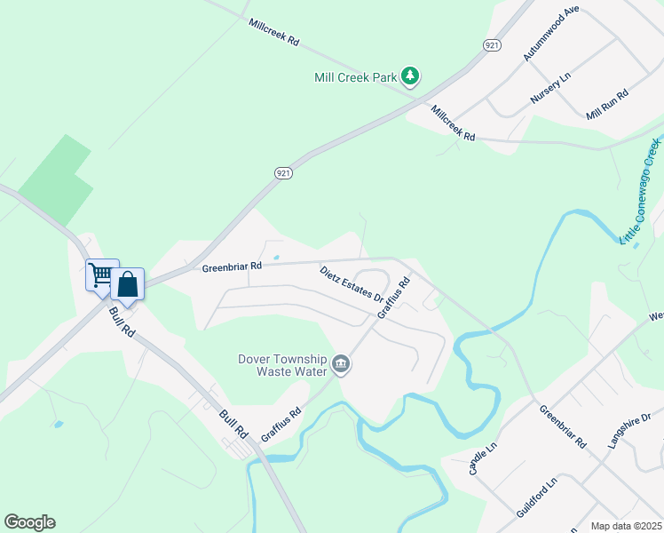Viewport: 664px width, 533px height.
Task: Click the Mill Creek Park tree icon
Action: pos(410,77)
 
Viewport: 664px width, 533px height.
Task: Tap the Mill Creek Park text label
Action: pos(356,77)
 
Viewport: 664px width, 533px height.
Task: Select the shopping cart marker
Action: pos(101,274)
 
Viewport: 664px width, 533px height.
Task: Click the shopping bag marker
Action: pos(128,285)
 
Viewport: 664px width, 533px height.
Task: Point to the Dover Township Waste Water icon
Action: pos(341,364)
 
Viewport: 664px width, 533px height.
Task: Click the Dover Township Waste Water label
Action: pos(281,365)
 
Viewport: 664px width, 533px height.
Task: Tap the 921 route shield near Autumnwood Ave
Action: pos(492,44)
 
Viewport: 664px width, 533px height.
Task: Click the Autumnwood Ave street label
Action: pos(551,33)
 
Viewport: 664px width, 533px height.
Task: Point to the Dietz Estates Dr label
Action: pos(352,283)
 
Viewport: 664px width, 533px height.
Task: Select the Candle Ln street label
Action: pos(477,462)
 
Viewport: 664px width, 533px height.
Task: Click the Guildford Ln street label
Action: pos(537,497)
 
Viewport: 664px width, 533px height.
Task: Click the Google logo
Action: pos(29,522)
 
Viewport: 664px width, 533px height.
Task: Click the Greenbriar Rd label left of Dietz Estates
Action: pos(232,266)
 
